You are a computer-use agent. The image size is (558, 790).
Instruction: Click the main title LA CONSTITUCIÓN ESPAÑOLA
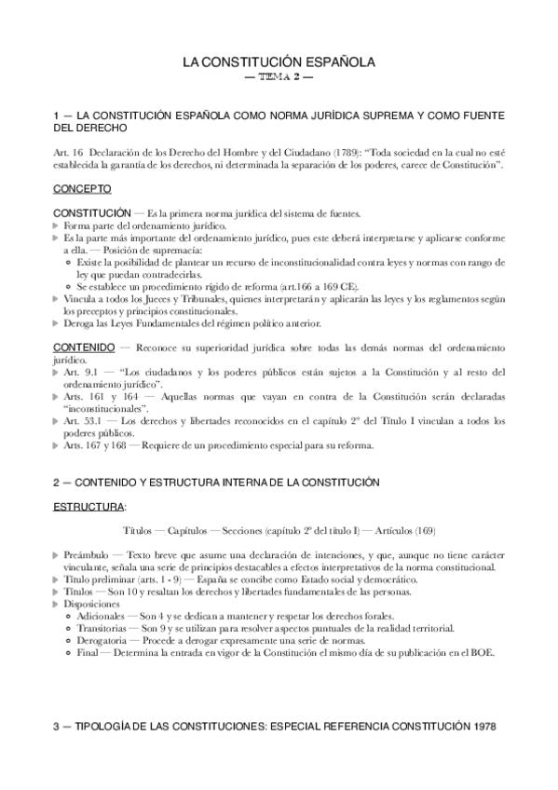[279, 62]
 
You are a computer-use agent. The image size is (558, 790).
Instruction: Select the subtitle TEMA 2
[279, 78]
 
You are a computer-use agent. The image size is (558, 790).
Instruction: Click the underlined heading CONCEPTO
[83, 189]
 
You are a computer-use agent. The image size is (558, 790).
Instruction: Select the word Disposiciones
[96, 604]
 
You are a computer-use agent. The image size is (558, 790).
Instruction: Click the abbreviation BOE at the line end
[481, 652]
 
